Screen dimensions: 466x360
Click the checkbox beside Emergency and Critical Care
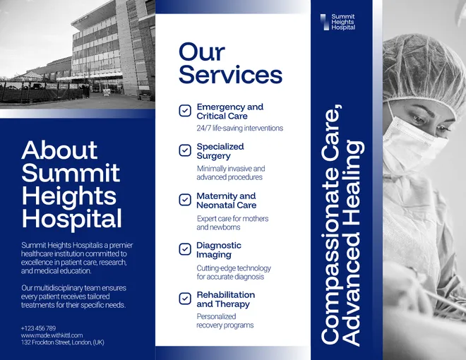[x=185, y=111]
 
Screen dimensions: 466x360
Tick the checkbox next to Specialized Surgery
[x=185, y=150]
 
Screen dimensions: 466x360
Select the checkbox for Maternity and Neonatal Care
[x=185, y=200]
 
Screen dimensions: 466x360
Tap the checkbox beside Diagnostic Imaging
[x=185, y=249]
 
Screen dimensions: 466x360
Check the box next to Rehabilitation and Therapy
[x=185, y=299]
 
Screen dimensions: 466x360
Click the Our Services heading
[x=230, y=64]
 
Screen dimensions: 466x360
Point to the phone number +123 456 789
[x=38, y=328]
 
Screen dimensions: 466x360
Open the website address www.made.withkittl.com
[x=52, y=335]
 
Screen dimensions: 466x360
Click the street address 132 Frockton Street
[x=62, y=342]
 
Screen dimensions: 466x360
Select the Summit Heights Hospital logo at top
[x=337, y=22]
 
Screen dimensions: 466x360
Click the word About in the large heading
[x=59, y=150]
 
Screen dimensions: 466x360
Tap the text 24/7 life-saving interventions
[x=240, y=128]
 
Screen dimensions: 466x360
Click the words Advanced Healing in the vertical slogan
[x=353, y=243]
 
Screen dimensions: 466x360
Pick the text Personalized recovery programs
[x=225, y=320]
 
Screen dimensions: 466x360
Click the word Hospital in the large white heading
[x=71, y=220]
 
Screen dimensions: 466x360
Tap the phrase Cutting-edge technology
[x=234, y=268]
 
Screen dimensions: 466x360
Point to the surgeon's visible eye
[x=419, y=119]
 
